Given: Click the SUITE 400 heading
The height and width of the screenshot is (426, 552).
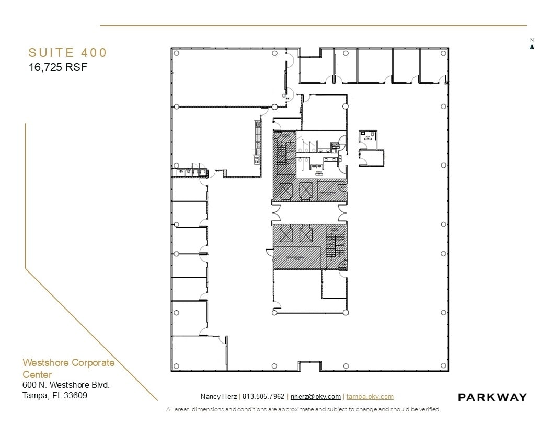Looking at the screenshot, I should [x=67, y=53].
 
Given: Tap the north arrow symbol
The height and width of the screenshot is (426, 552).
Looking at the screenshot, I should [x=532, y=46].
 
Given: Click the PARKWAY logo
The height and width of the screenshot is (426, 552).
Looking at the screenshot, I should [x=492, y=397].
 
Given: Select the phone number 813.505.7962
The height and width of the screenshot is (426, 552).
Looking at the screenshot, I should [x=263, y=397].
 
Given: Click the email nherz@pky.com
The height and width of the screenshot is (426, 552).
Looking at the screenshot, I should [x=315, y=397].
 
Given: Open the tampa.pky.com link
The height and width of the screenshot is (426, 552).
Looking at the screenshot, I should [x=370, y=397].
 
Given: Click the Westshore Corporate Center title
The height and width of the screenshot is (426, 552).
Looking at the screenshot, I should [x=68, y=368].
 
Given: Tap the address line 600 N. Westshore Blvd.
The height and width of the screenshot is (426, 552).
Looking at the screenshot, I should [x=66, y=385].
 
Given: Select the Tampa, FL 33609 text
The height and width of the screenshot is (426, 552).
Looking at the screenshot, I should [x=55, y=395].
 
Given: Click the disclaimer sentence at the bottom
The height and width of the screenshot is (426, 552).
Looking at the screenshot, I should [x=303, y=409].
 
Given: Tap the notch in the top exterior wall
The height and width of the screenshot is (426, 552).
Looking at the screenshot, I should [x=310, y=52].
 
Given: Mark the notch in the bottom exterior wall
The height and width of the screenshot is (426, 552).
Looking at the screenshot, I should [x=310, y=366].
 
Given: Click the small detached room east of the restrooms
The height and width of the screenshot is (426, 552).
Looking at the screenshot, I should [x=370, y=148].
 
